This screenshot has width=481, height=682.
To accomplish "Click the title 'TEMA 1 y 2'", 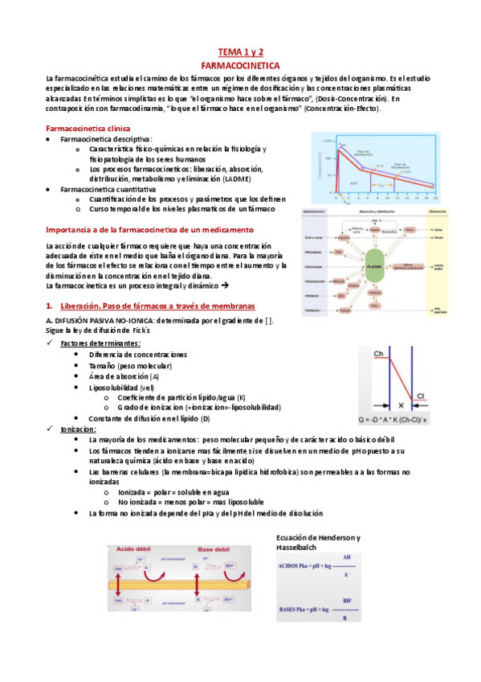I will click(240, 50).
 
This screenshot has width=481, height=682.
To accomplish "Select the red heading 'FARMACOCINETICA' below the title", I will click(240, 63).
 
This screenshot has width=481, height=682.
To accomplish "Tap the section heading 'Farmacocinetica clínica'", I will click(88, 129).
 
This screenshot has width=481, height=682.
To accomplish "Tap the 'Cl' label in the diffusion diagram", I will click(430, 394).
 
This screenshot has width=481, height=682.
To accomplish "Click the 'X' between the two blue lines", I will click(401, 406).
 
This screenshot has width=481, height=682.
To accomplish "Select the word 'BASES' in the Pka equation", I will click(289, 610).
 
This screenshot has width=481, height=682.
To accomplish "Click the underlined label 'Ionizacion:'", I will click(78, 429).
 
